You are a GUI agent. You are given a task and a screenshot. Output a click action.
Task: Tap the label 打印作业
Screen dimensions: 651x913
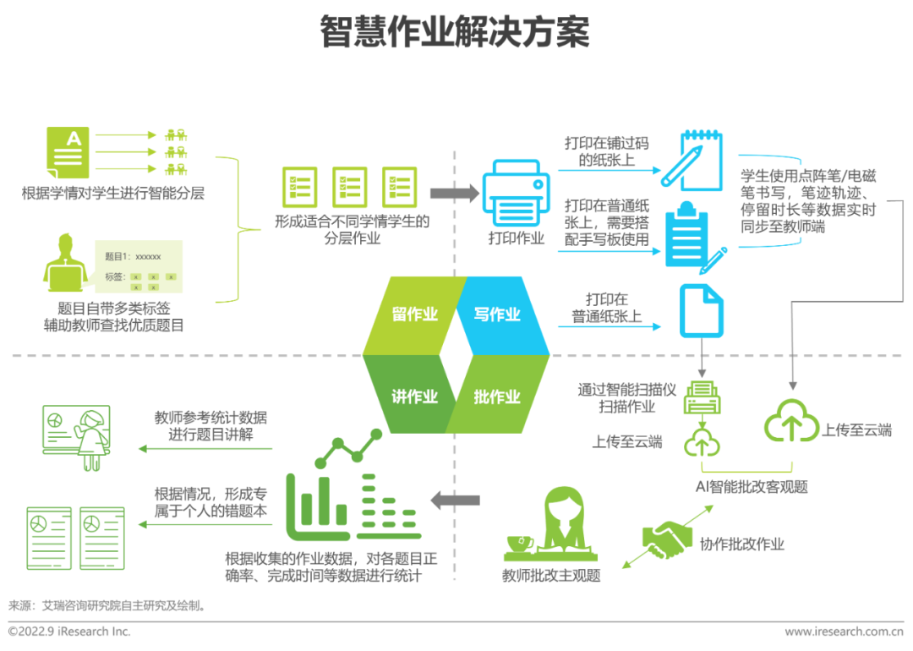pos(517,238)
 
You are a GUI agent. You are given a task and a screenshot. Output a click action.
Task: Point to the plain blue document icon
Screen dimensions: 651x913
pos(701,311)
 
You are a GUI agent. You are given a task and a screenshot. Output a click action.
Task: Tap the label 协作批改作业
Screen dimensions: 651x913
pos(741,544)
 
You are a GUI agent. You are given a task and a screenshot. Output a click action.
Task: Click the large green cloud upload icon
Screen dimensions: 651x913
pos(791,421)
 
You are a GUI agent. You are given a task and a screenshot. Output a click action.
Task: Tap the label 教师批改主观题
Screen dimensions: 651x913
pos(550,576)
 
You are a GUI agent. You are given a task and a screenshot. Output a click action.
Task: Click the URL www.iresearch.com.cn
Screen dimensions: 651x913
pos(844,632)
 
